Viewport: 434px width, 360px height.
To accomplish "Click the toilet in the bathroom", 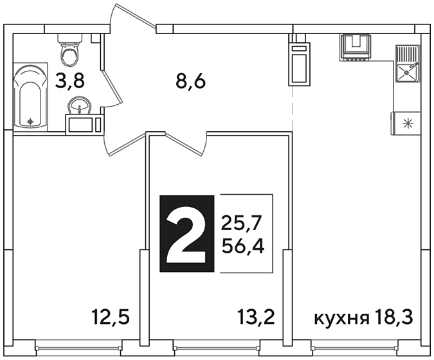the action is (69, 50).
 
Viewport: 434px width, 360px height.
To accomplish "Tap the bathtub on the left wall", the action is (30, 96).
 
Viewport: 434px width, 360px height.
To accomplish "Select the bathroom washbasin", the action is (80, 105).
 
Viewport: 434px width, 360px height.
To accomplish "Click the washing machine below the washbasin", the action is (84, 125).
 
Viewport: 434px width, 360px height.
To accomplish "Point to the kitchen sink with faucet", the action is (407, 64).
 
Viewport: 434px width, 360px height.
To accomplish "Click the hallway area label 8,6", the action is (191, 82).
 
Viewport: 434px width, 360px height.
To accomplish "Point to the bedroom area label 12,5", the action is (111, 317).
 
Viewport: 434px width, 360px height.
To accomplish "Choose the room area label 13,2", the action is (256, 317).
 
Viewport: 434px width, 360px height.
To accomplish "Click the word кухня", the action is (341, 318).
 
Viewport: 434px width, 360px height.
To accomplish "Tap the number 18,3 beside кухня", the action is (394, 317).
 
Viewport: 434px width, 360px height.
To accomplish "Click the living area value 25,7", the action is (241, 223).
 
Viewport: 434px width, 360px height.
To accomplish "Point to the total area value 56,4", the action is (243, 247).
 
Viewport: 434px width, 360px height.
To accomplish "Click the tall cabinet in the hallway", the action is (300, 64).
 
